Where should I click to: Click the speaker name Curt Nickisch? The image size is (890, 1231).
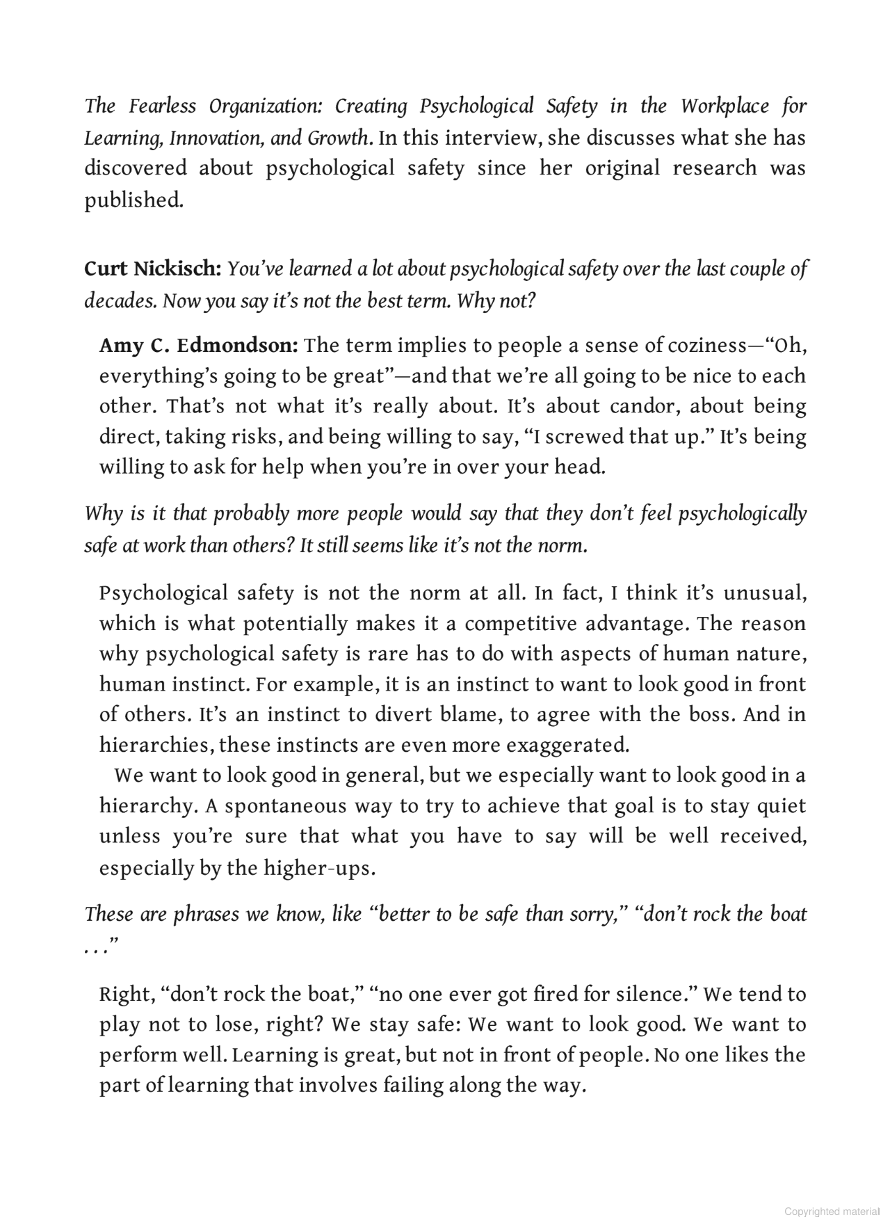tap(152, 269)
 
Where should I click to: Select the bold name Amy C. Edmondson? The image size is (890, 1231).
tap(198, 346)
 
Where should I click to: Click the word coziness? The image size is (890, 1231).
tap(706, 346)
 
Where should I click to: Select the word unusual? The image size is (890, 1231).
tap(764, 593)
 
